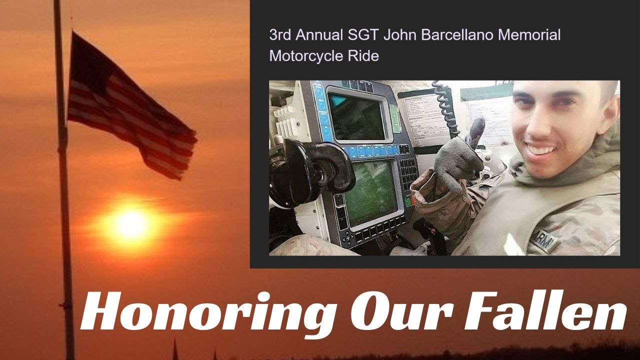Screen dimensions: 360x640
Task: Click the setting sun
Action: point(131,224)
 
